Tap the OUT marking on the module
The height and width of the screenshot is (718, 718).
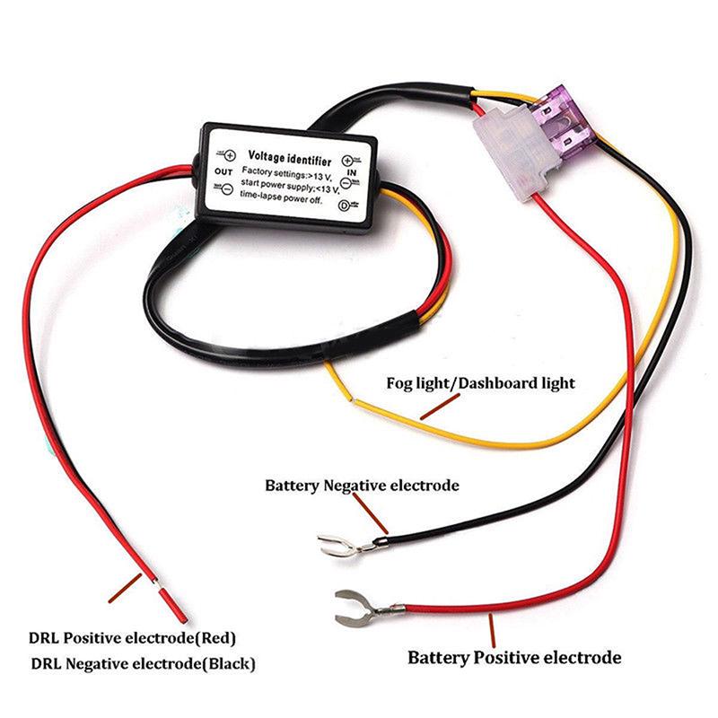pyautogui.click(x=223, y=171)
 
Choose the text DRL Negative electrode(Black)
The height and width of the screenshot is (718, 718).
pyautogui.click(x=144, y=665)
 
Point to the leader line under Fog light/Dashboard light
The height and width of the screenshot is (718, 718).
pyautogui.click(x=441, y=407)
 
